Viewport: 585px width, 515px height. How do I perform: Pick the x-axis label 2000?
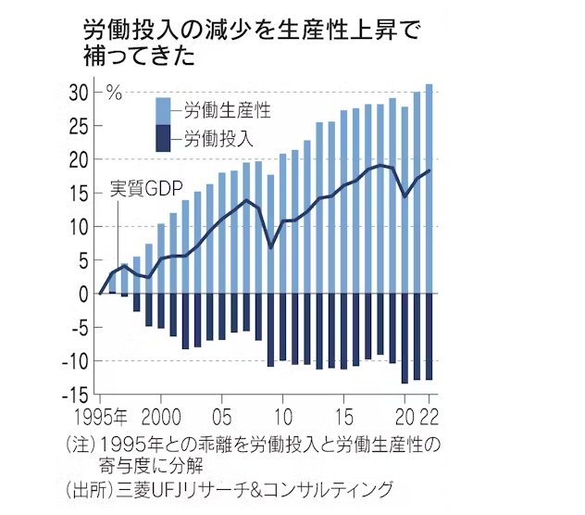point(162,416)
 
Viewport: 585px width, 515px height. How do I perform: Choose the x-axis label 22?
point(429,416)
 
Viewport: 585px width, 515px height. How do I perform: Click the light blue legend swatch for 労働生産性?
point(164,110)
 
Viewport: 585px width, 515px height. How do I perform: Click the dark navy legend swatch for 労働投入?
point(164,140)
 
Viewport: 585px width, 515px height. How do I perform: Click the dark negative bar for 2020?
point(405,338)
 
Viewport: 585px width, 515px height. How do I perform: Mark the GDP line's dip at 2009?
point(271,247)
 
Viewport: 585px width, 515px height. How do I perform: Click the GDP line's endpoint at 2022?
point(429,170)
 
